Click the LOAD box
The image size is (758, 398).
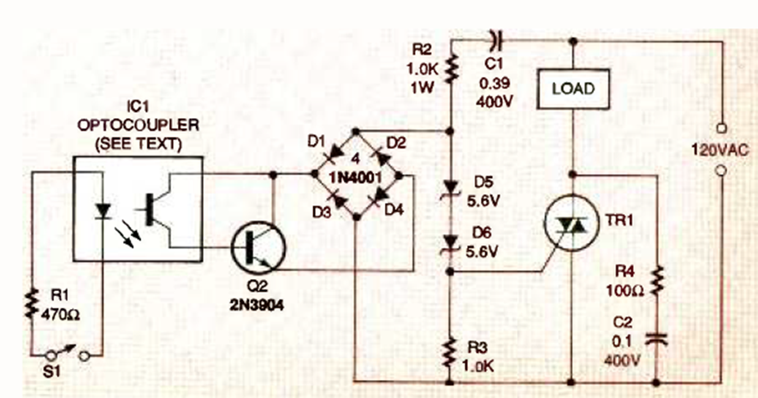click(x=573, y=89)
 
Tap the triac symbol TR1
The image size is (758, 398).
click(x=571, y=223)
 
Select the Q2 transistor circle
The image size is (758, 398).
click(x=258, y=247)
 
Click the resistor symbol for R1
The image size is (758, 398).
click(x=32, y=303)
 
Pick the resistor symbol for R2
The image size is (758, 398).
click(x=451, y=68)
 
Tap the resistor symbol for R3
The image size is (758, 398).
click(x=450, y=353)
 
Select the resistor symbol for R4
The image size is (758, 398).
click(x=656, y=281)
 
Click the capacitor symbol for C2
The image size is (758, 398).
click(x=656, y=339)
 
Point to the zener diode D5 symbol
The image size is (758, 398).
click(x=451, y=187)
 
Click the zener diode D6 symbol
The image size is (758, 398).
click(x=451, y=243)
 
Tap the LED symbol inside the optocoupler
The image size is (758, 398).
click(x=103, y=211)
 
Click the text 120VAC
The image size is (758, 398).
click(x=720, y=150)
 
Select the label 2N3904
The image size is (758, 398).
click(x=256, y=305)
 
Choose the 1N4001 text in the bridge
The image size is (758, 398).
click(x=355, y=177)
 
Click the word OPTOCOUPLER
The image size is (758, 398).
click(x=138, y=125)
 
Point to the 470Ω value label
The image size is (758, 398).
click(x=60, y=315)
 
